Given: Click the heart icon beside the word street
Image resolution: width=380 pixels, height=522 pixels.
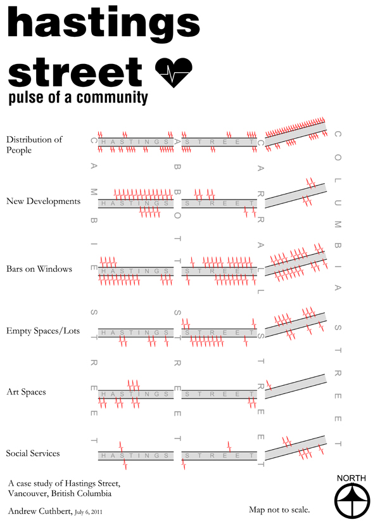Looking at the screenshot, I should click(x=173, y=73).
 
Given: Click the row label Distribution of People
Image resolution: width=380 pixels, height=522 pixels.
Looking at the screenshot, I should click(x=34, y=145).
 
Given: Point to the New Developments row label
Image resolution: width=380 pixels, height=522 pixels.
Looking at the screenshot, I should click(x=43, y=201).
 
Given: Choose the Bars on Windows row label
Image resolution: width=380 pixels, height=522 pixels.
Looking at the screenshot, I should click(x=39, y=269).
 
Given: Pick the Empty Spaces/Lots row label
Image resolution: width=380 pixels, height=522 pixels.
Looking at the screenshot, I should click(x=42, y=331).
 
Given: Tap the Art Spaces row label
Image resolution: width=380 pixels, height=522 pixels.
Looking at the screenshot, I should click(x=26, y=392).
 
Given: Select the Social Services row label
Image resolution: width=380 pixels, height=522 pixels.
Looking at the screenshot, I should click(x=33, y=454).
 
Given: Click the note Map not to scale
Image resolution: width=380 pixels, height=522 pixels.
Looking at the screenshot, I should click(x=279, y=509).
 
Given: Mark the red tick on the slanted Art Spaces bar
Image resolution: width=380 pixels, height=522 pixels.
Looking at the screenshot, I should click(x=269, y=383).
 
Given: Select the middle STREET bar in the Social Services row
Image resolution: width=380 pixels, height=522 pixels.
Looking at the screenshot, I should click(x=219, y=455).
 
